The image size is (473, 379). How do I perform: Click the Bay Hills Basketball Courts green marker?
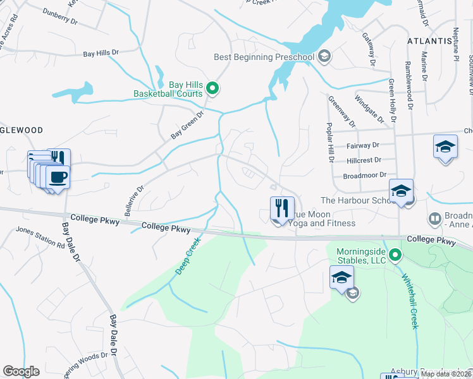[x=213, y=88]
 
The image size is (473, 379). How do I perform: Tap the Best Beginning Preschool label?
[x=264, y=57]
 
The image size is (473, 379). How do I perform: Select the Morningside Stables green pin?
[x=395, y=256]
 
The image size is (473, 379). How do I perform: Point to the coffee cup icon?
[x=59, y=176]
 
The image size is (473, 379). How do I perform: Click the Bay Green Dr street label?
[x=188, y=125]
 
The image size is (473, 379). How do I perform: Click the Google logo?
[x=21, y=371]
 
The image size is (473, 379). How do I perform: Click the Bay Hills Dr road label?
[x=101, y=54]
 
